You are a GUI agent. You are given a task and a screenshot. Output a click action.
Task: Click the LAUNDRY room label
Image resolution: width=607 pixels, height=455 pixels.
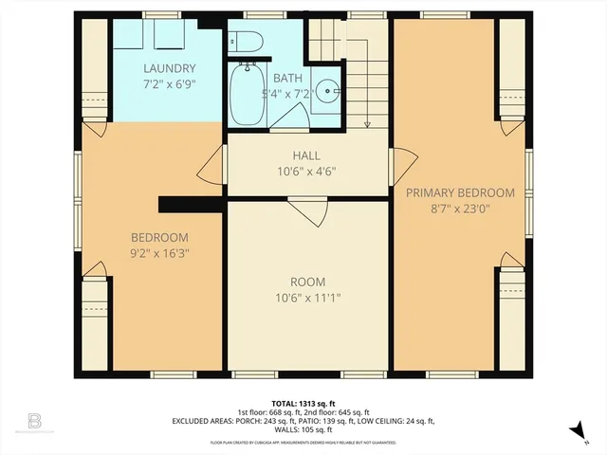pos(170,68)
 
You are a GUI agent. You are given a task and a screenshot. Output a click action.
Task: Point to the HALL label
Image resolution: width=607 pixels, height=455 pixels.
pos(305,155)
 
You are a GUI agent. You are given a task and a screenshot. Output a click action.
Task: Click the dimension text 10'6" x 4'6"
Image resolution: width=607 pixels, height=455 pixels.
pos(305,172)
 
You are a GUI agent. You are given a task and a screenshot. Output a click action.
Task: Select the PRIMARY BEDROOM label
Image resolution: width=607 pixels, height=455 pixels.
pos(460,192)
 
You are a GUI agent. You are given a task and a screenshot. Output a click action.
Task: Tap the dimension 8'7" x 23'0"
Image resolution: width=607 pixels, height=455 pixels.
pos(460,209)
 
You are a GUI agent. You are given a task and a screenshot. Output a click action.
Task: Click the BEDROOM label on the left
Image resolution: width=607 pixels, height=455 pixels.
pos(159,237)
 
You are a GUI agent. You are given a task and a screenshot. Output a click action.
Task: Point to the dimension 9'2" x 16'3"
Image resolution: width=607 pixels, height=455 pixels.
pos(159,253)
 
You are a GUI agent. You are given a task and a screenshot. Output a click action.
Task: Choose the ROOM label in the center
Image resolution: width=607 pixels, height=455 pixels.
pos(307,282)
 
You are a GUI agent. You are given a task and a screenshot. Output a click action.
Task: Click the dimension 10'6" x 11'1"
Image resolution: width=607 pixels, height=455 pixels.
pos(307,298)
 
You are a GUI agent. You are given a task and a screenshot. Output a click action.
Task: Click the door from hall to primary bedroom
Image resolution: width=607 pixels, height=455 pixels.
pos(402,164)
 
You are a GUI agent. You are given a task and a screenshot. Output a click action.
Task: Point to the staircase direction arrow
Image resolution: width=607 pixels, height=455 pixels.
pos(365,118)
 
